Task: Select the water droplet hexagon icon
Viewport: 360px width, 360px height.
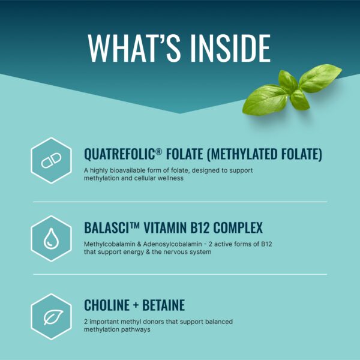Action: tap(51, 238)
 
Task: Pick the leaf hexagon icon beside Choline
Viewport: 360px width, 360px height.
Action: tap(51, 316)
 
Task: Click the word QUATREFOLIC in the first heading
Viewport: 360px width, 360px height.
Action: tap(119, 154)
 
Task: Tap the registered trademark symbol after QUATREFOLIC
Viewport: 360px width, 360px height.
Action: tap(159, 151)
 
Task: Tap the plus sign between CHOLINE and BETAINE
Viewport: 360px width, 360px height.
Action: tap(137, 305)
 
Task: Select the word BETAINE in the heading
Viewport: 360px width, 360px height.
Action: tap(164, 305)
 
